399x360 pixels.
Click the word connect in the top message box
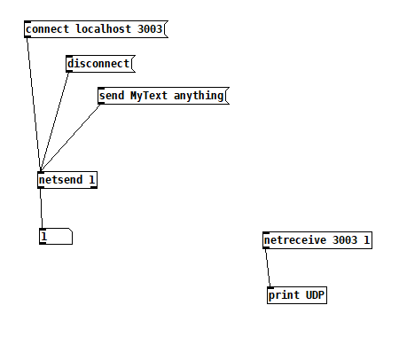(x=47, y=29)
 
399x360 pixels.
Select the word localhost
(x=104, y=29)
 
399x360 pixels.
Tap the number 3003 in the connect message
(x=150, y=29)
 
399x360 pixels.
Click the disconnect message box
(x=100, y=64)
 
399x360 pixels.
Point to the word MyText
(x=149, y=96)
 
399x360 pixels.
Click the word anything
(x=199, y=96)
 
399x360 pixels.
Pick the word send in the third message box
(x=112, y=96)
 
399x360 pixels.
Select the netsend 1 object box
(x=67, y=180)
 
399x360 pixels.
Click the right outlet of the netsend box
(x=94, y=187)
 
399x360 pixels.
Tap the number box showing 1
(x=56, y=236)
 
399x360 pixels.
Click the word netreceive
(x=295, y=240)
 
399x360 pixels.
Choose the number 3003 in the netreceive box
(x=345, y=240)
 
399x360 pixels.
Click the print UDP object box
(x=297, y=295)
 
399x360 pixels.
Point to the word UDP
(x=315, y=295)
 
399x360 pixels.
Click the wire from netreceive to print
(x=268, y=268)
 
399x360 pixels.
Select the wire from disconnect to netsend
(x=55, y=122)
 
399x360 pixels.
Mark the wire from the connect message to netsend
(x=34, y=105)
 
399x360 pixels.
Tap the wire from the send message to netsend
(x=71, y=138)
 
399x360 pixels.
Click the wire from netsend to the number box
(x=42, y=208)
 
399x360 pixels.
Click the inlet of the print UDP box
(x=270, y=287)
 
